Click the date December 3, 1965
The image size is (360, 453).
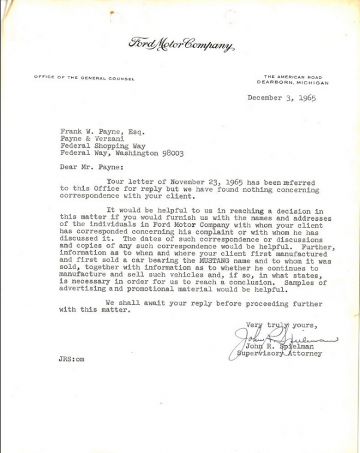point(281,98)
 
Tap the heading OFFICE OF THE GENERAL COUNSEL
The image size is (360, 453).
point(84,78)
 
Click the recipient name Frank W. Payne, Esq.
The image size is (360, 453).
point(102,129)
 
